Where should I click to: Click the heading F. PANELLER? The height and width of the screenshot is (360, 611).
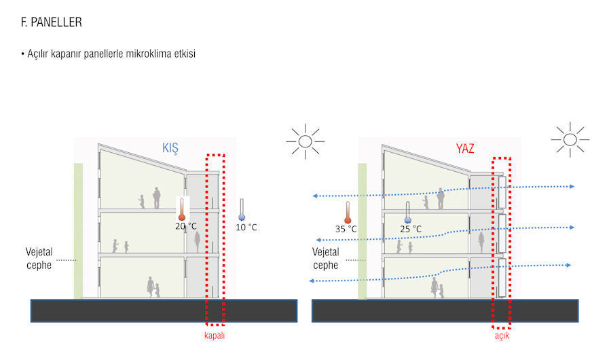[52, 22]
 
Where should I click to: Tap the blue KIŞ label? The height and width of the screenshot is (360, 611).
[170, 148]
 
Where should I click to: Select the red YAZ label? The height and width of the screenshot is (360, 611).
[465, 148]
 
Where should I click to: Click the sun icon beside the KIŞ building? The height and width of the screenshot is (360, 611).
[305, 141]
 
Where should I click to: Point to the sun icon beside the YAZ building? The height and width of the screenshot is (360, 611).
[570, 139]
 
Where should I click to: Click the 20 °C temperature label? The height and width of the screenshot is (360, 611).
[186, 226]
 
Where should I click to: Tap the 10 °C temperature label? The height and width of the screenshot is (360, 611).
[246, 227]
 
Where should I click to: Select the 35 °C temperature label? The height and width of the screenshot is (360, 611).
[346, 229]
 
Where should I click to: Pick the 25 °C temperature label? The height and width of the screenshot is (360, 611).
[411, 229]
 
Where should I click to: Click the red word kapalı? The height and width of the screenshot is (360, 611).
[215, 336]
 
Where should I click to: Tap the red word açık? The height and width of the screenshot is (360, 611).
[502, 336]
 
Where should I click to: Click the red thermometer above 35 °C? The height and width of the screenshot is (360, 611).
[348, 213]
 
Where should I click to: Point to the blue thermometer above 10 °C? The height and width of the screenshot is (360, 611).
[242, 210]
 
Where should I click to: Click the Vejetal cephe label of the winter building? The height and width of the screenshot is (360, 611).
[39, 258]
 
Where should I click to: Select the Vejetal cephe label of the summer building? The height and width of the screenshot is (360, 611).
[326, 258]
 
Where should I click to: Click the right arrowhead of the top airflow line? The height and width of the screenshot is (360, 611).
[572, 186]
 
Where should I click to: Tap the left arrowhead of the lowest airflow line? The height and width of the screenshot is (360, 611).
[312, 281]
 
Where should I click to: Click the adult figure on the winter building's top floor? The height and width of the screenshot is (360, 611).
[157, 198]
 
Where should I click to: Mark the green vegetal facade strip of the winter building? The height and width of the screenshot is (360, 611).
[78, 231]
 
